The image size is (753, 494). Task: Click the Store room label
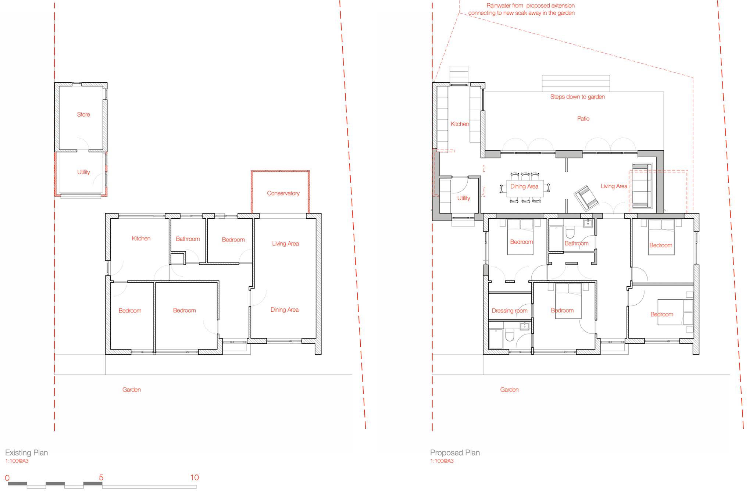click(x=83, y=115)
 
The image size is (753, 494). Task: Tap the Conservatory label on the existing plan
click(x=283, y=193)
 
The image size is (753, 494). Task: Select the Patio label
click(x=583, y=119)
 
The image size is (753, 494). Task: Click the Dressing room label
click(x=510, y=311)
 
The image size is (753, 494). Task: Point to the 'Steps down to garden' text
click(x=577, y=97)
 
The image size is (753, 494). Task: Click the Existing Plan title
click(x=26, y=453)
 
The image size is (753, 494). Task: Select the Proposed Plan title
click(x=455, y=453)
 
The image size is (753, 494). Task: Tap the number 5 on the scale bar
click(x=101, y=477)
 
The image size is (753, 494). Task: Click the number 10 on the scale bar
click(x=195, y=477)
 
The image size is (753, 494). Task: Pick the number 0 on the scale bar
click(x=7, y=478)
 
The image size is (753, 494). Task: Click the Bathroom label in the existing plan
click(x=188, y=239)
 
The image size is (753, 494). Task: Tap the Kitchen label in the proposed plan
click(x=460, y=124)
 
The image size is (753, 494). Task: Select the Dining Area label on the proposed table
click(x=524, y=187)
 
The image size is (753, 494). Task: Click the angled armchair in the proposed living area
click(x=586, y=198)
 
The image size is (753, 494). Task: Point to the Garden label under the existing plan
click(x=132, y=390)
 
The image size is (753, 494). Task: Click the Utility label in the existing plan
click(x=83, y=172)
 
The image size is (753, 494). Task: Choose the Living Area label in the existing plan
click(x=285, y=244)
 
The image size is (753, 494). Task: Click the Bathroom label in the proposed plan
click(x=577, y=244)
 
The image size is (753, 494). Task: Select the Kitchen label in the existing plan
click(x=141, y=239)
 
